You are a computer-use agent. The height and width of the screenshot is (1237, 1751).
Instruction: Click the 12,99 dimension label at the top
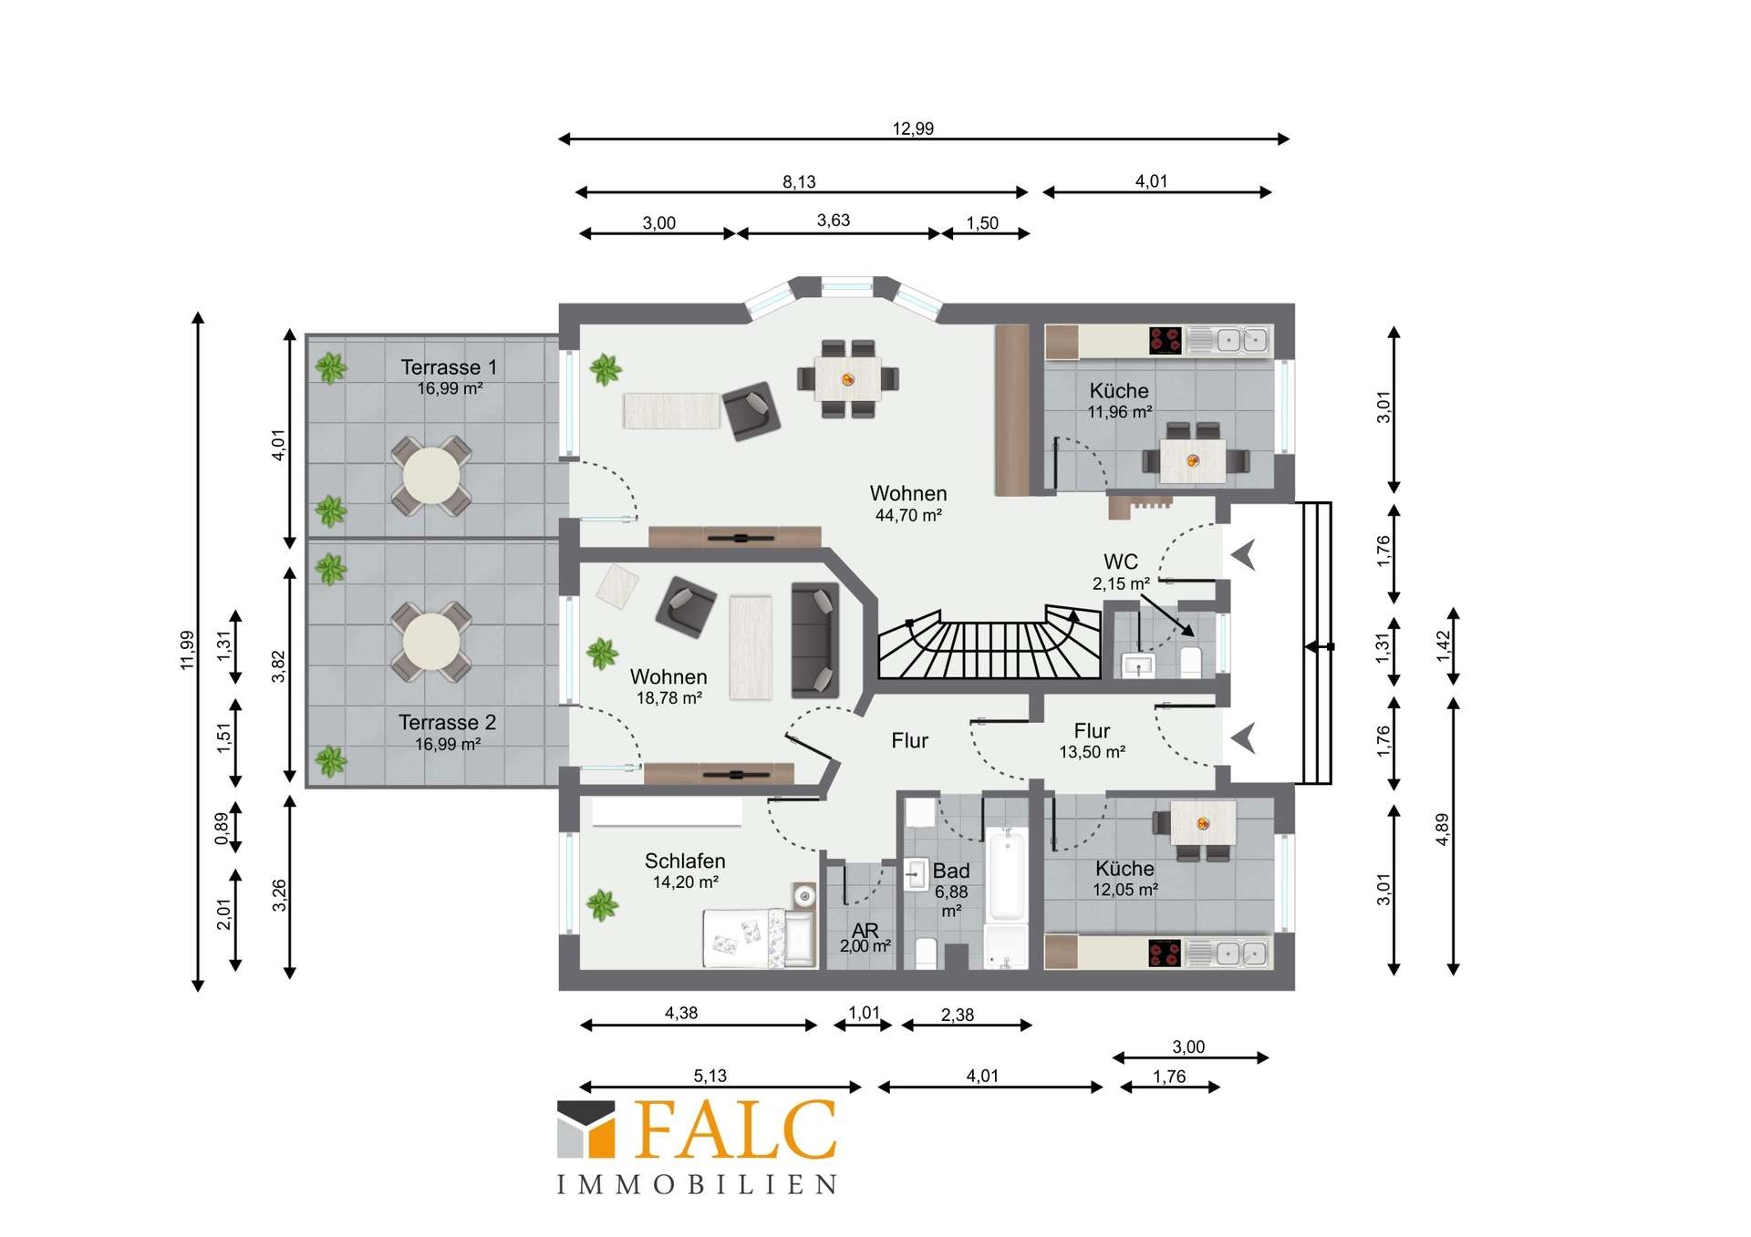913,129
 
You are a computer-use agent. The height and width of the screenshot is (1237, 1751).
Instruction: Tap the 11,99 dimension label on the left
188,650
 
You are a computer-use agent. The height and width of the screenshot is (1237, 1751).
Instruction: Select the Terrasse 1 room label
449,367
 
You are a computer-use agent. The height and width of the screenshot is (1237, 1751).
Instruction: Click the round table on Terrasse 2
431,641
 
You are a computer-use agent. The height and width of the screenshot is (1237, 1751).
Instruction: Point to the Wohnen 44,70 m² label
908,503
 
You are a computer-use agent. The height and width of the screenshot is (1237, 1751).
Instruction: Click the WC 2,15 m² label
1121,572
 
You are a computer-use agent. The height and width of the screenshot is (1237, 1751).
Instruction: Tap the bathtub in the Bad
1007,873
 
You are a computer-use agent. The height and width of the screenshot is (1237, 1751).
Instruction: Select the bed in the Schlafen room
759,938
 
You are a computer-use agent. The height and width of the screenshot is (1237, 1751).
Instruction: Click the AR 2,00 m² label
865,937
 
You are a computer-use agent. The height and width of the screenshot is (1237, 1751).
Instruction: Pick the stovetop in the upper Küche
1166,340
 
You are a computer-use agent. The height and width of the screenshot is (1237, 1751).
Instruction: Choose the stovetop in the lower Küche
1166,953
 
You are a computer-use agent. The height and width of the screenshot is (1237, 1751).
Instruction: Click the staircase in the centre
989,644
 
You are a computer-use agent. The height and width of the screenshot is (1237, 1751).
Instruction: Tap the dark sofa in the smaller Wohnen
814,639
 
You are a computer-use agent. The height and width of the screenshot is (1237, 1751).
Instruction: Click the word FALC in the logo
734,1129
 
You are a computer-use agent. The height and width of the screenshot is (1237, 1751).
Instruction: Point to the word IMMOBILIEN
698,1184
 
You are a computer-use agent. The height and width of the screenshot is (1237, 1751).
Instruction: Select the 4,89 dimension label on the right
1442,829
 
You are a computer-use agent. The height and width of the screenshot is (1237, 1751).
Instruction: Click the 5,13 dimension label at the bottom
710,1076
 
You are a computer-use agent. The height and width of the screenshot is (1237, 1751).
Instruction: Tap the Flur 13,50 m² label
1092,740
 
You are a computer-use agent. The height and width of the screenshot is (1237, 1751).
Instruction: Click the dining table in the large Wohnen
848,378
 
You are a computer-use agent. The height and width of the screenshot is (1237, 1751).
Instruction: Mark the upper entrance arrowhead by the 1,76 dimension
1244,554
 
